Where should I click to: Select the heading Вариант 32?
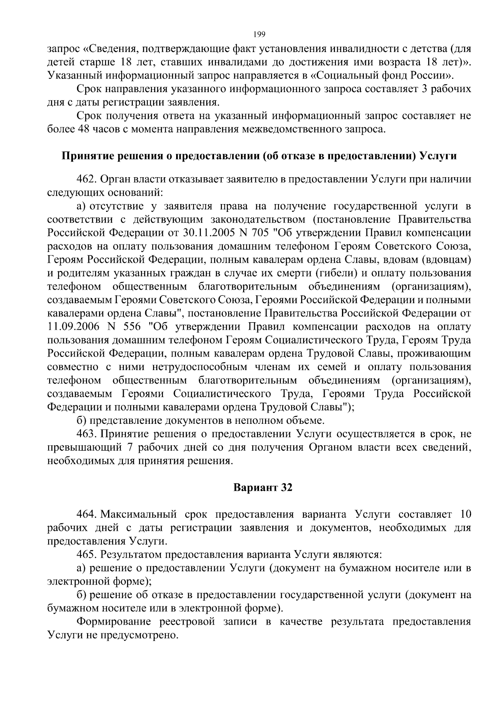click(263, 488)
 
